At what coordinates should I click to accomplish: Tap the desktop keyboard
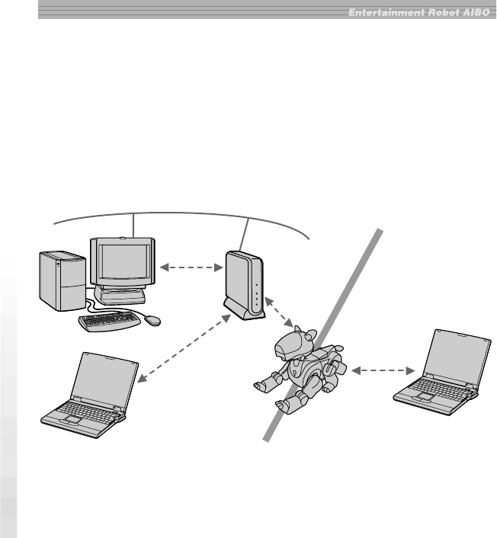(110, 321)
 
